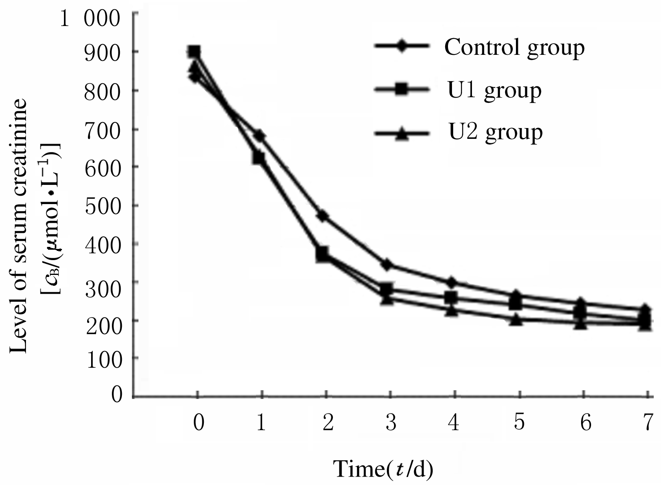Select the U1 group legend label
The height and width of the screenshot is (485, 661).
tap(494, 91)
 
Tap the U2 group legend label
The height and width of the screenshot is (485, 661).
tap(496, 132)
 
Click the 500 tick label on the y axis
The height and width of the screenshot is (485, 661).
tap(102, 206)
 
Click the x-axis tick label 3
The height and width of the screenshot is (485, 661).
tap(390, 423)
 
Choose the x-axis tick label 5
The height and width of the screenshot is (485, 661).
tap(519, 423)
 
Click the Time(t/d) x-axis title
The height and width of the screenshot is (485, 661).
tap(383, 469)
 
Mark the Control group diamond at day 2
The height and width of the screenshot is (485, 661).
tap(323, 216)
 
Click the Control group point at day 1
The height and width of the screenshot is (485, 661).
tap(260, 136)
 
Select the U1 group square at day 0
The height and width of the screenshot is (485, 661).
tap(194, 52)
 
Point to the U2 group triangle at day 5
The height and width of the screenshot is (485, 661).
tap(516, 320)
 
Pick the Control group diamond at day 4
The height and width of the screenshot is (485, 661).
tap(452, 283)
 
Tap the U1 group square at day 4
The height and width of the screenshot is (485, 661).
tap(451, 297)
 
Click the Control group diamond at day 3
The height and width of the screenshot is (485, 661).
tap(386, 265)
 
